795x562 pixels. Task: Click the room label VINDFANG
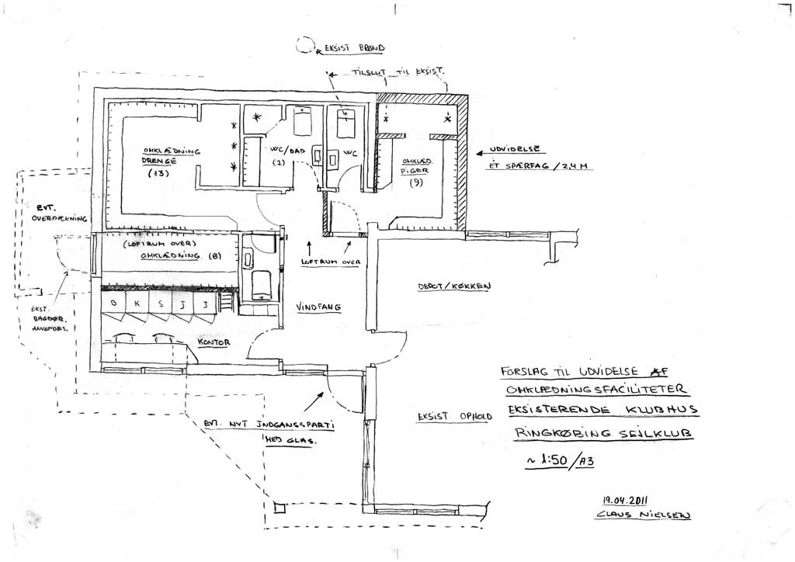[320, 307]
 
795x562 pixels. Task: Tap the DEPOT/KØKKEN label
[453, 286]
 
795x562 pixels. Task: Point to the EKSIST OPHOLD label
[454, 416]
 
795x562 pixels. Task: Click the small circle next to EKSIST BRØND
[304, 46]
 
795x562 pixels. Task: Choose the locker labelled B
[115, 304]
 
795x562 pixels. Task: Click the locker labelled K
[137, 304]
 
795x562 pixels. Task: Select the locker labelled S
[160, 304]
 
